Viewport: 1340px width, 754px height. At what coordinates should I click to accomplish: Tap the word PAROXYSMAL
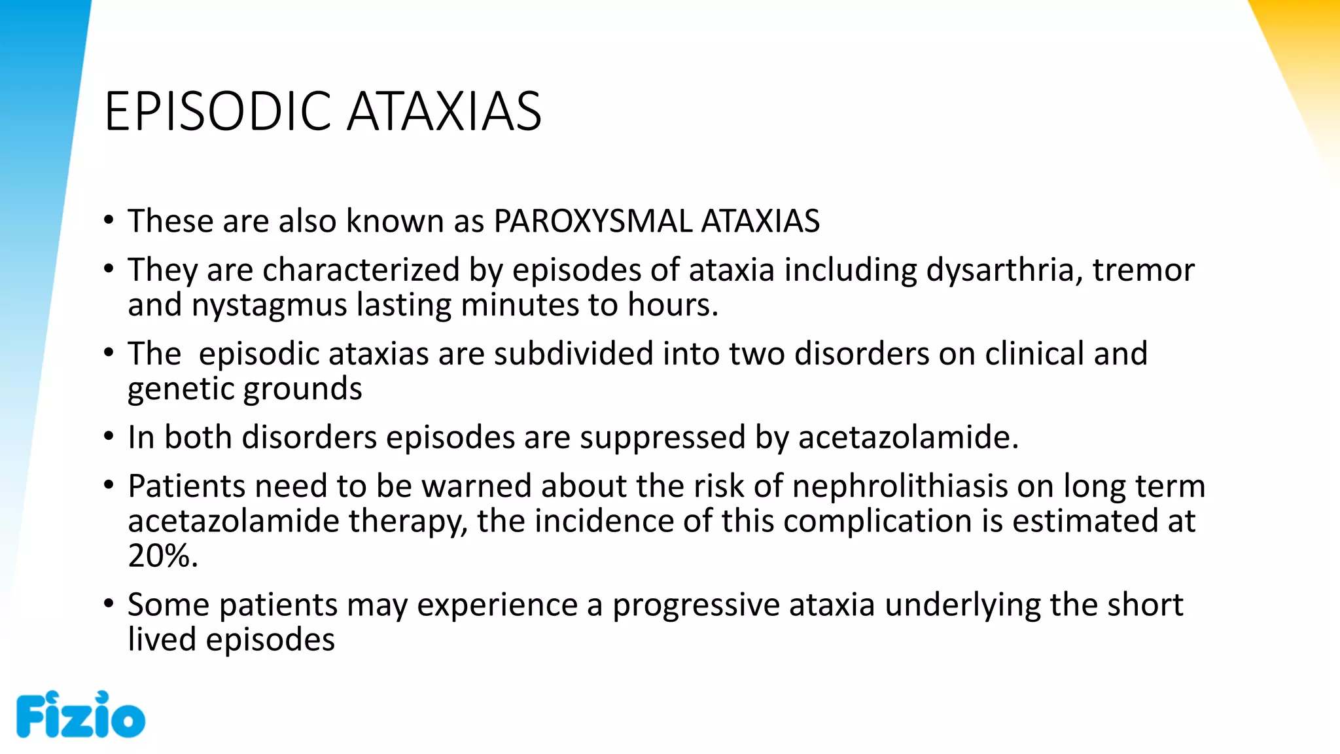[x=592, y=221]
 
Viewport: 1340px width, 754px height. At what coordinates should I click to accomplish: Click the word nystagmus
[x=269, y=306]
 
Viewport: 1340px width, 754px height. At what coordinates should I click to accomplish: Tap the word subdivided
[x=573, y=353]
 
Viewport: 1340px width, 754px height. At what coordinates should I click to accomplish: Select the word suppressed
[x=662, y=437]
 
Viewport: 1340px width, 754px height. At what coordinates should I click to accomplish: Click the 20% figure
[x=162, y=556]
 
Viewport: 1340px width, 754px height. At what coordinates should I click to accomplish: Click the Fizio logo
[x=80, y=715]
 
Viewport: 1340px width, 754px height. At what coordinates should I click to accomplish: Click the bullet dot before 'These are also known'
[x=109, y=220]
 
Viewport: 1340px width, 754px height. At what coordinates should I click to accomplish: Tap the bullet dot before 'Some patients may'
[x=109, y=603]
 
